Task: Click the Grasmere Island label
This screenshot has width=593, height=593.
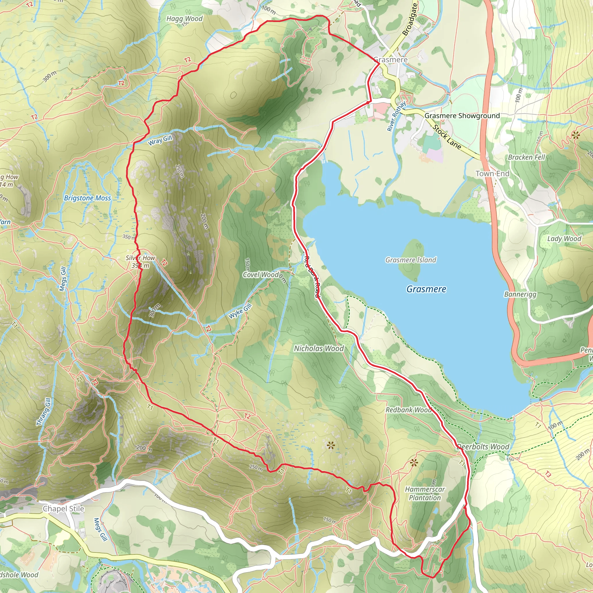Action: (411, 260)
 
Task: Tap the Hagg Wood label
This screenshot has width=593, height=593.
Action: (184, 19)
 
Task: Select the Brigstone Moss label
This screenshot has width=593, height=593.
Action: (87, 198)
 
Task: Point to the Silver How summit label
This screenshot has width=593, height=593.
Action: (140, 261)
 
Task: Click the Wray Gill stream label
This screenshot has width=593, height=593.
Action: (160, 140)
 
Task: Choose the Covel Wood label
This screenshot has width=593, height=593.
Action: (261, 274)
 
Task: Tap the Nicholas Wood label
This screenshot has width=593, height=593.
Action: (319, 348)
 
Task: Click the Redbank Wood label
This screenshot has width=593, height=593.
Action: (409, 410)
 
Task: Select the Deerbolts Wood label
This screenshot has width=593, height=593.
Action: (483, 446)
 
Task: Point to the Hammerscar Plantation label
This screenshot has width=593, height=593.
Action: (425, 493)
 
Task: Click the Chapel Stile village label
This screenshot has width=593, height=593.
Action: (63, 508)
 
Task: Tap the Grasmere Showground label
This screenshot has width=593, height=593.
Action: (462, 116)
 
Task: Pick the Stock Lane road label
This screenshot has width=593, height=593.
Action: (446, 137)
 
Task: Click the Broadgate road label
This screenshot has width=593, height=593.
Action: (410, 19)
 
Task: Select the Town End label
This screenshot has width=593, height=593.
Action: (492, 173)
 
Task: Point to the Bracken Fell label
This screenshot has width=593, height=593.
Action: (526, 157)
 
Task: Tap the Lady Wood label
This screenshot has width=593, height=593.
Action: (564, 239)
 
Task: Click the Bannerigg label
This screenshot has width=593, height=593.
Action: (520, 294)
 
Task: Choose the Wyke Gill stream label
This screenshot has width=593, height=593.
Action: (240, 311)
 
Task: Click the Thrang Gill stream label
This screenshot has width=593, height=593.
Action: (44, 412)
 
